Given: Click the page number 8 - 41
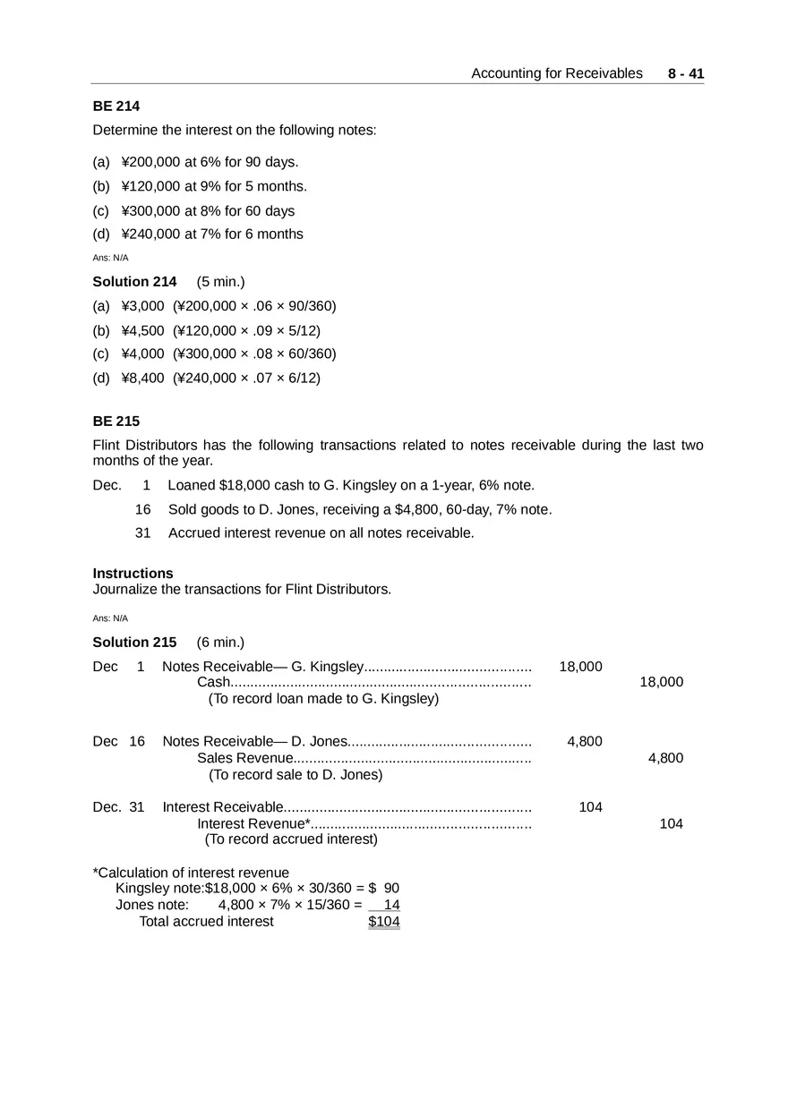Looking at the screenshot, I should [686, 73].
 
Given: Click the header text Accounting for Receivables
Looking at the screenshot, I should [556, 73].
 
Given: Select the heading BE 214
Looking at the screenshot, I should [116, 106].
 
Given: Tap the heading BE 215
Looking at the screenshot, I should [116, 422].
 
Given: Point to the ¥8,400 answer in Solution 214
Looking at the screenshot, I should [142, 378].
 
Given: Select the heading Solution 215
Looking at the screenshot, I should [134, 643].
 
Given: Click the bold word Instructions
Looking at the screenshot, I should [133, 574].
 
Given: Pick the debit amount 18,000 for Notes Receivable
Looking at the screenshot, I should [580, 667].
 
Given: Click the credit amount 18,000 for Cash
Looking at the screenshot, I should [661, 682].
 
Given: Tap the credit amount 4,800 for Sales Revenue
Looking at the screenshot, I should [665, 758].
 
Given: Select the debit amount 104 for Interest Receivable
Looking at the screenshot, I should [590, 807].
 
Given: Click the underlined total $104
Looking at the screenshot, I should [383, 922].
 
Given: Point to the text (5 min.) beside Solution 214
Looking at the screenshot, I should [220, 282].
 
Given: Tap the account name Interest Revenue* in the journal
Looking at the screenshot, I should [253, 823].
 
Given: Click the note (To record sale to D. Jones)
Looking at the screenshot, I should [295, 775].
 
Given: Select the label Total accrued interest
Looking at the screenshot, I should [206, 922].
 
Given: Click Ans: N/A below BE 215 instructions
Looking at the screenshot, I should [110, 618].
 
